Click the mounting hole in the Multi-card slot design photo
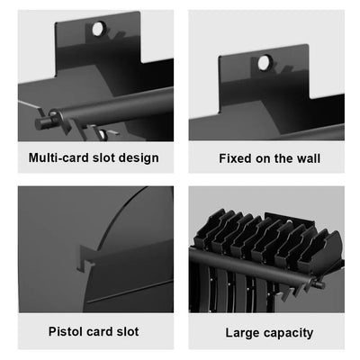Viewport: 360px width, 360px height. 97,30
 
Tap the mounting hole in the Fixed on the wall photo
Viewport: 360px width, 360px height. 265,62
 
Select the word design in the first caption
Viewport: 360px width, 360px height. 138,158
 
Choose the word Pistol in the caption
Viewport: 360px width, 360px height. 65,332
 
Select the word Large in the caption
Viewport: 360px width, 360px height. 243,332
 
